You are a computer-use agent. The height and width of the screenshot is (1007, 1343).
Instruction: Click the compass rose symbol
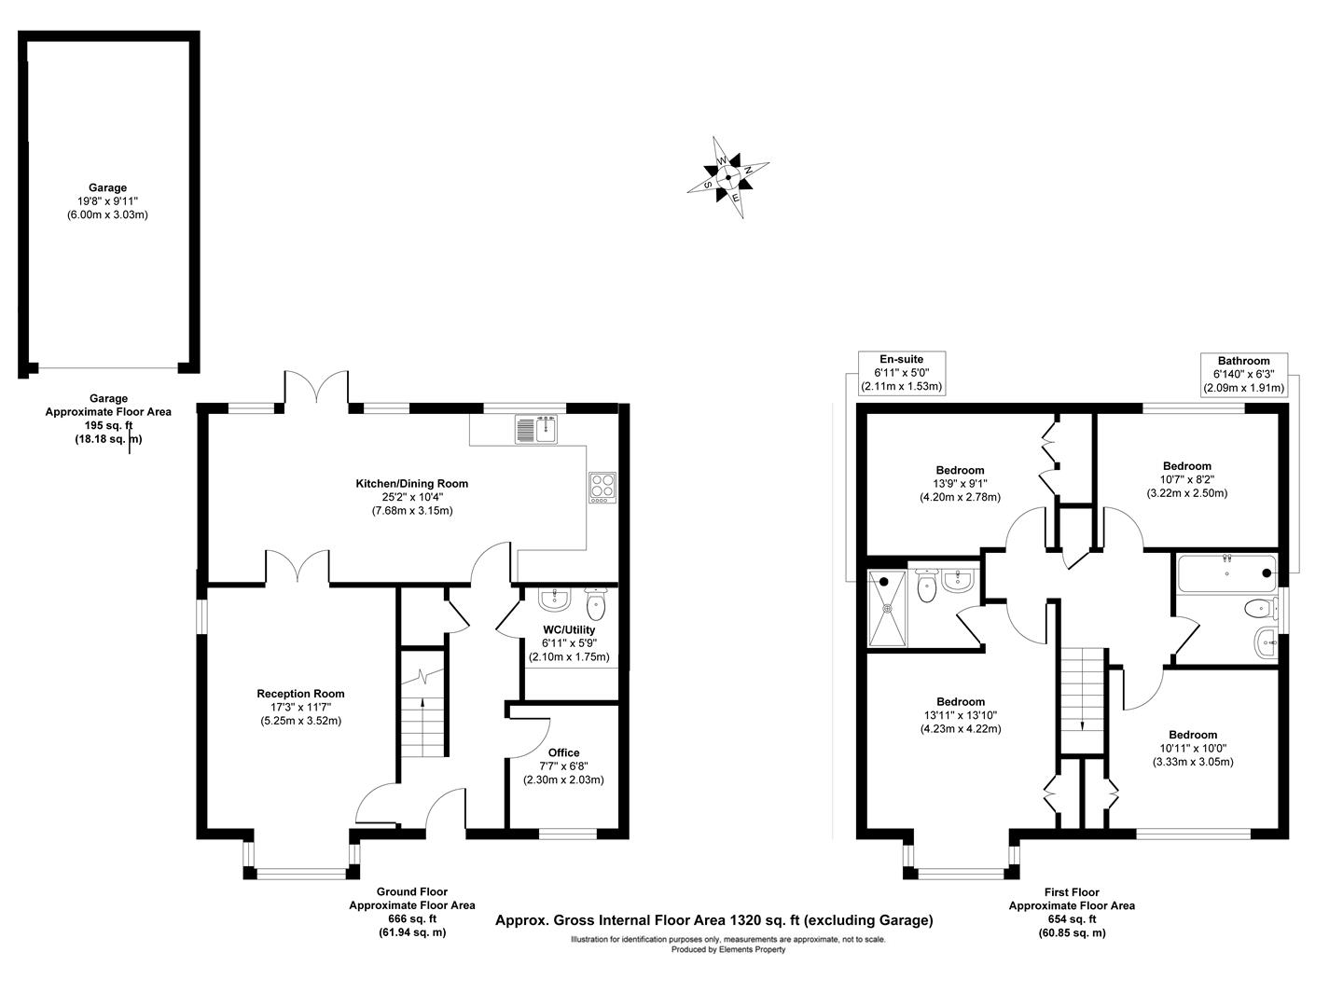(728, 177)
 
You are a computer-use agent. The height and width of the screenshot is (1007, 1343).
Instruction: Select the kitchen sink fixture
(535, 429)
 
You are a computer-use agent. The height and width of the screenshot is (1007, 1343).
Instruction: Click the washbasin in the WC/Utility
(553, 599)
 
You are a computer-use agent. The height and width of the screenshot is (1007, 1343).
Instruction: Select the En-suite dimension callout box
(901, 373)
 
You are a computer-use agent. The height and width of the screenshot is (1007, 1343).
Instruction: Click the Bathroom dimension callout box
(1243, 374)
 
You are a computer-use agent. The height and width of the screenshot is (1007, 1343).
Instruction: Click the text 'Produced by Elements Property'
(728, 950)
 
